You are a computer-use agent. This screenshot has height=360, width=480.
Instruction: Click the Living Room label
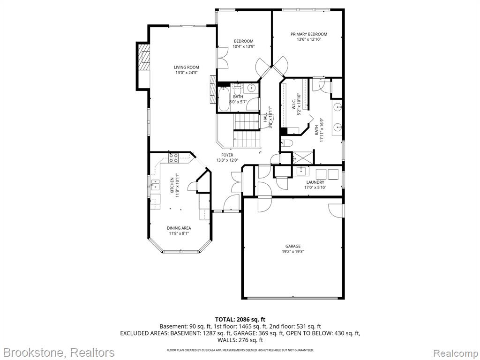187,67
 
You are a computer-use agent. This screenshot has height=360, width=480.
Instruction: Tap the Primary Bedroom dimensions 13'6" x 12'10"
309,39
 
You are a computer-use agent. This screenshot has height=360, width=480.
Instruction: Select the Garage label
293,246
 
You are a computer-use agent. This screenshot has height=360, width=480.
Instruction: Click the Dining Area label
179,228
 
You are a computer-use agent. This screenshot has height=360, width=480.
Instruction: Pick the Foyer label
227,155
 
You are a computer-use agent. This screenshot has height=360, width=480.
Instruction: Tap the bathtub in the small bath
223,99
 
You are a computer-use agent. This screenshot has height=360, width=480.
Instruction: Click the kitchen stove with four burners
173,157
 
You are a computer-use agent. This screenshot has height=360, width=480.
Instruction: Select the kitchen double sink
155,185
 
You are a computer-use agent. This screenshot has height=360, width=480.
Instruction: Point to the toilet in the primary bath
287,143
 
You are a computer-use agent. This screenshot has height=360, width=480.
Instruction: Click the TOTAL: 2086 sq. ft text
240,320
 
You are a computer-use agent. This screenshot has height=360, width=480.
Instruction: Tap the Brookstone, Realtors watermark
58,352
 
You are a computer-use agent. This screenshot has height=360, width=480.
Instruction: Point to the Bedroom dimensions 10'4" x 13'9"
244,46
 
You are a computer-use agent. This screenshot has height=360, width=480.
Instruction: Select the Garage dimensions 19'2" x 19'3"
293,252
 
